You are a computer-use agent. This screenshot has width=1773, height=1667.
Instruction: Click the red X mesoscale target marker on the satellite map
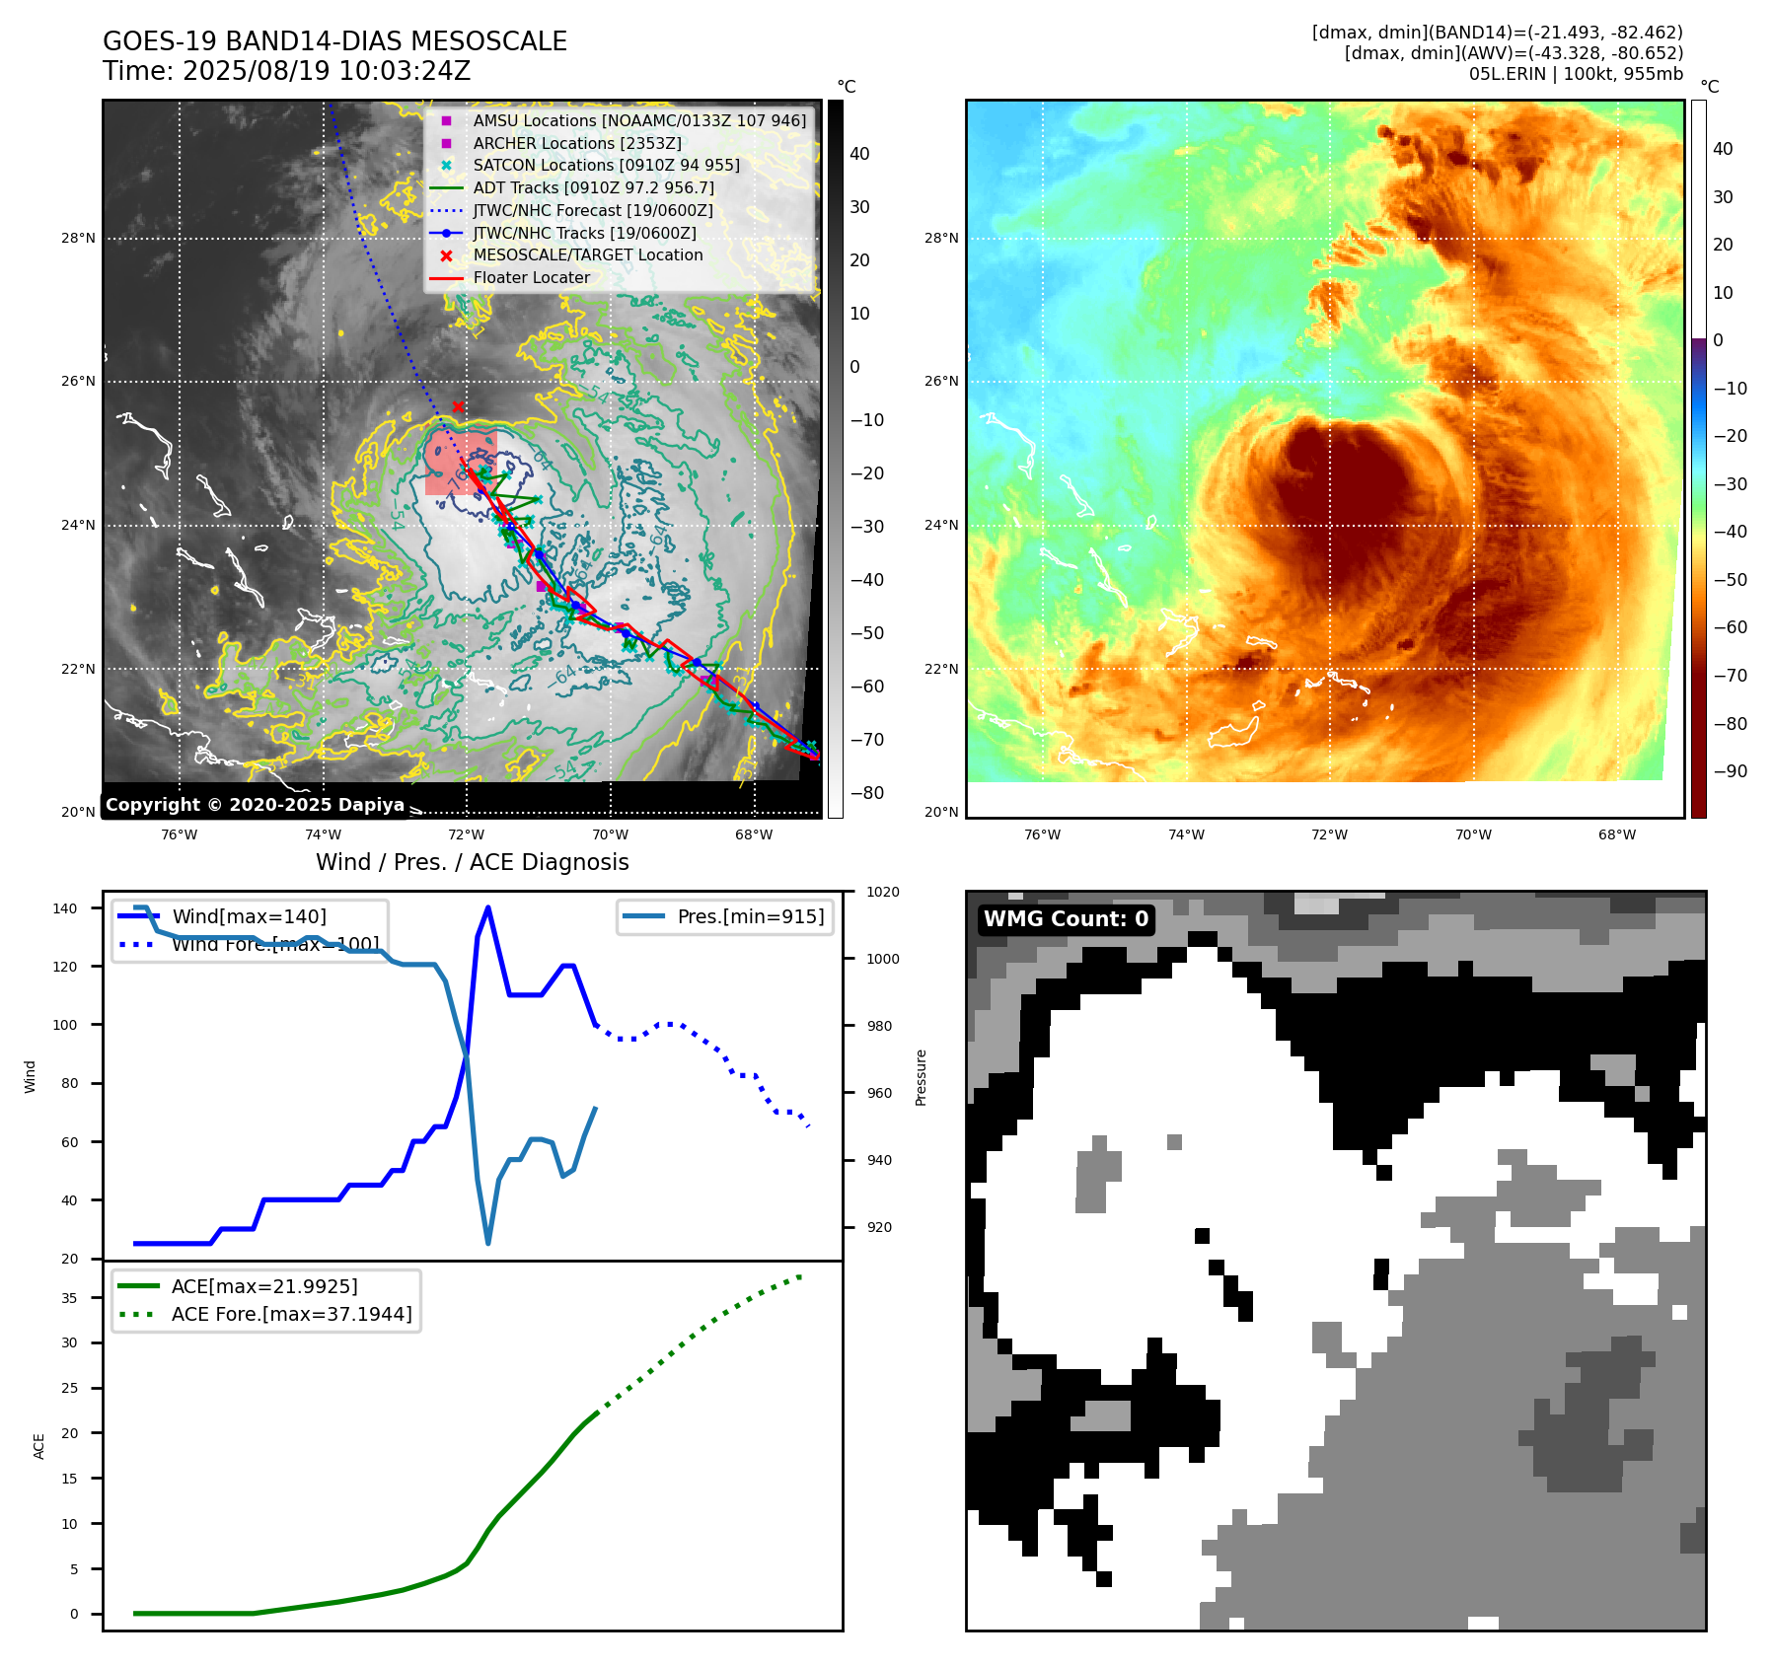click(x=458, y=406)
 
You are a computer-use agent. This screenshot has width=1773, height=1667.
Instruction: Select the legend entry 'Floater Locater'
click(x=531, y=278)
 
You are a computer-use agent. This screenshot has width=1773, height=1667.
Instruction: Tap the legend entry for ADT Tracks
click(x=593, y=187)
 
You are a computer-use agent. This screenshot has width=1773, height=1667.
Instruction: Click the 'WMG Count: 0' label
click(x=1066, y=919)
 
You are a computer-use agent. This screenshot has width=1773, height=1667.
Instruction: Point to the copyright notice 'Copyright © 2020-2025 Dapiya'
click(x=255, y=805)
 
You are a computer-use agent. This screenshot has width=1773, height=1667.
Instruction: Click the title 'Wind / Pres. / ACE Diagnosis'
click(x=472, y=862)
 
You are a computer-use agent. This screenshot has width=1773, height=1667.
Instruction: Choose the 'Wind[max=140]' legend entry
click(x=249, y=916)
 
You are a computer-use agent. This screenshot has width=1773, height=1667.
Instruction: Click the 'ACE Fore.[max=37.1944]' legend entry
click(x=291, y=1314)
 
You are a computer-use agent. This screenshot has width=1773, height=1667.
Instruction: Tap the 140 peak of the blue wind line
click(x=488, y=907)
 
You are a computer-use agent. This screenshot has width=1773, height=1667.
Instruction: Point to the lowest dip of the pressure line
click(x=488, y=1243)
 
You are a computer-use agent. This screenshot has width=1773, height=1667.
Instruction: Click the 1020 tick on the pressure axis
click(x=883, y=892)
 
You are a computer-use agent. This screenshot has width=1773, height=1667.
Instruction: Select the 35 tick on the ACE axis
click(x=70, y=1298)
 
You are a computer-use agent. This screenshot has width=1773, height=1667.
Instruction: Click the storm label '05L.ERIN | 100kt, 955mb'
click(x=1576, y=74)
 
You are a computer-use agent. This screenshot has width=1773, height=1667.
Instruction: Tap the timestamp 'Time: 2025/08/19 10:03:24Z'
click(x=286, y=71)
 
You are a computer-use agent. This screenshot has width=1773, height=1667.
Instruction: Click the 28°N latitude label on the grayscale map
click(x=79, y=238)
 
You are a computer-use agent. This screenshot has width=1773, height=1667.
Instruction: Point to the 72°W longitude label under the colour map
click(x=1329, y=834)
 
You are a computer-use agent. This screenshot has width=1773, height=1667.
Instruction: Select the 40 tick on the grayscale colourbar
click(x=859, y=154)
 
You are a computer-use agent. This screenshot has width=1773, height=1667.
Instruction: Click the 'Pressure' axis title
click(x=921, y=1077)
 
